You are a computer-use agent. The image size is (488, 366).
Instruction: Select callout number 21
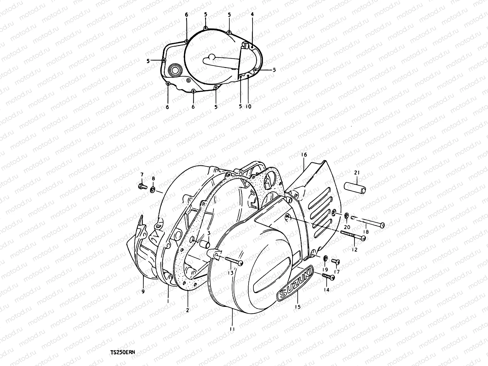357,173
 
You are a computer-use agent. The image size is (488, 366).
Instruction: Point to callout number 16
304,155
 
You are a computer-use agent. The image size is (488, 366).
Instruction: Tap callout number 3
208,233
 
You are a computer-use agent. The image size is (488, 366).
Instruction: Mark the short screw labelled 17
335,261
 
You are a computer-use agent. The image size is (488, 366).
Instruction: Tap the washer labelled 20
347,216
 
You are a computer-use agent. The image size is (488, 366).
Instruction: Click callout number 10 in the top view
248,106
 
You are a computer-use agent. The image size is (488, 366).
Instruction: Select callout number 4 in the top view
252,14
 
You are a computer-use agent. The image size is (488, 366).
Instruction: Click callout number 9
143,292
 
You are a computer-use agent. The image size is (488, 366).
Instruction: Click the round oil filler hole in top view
175,70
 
